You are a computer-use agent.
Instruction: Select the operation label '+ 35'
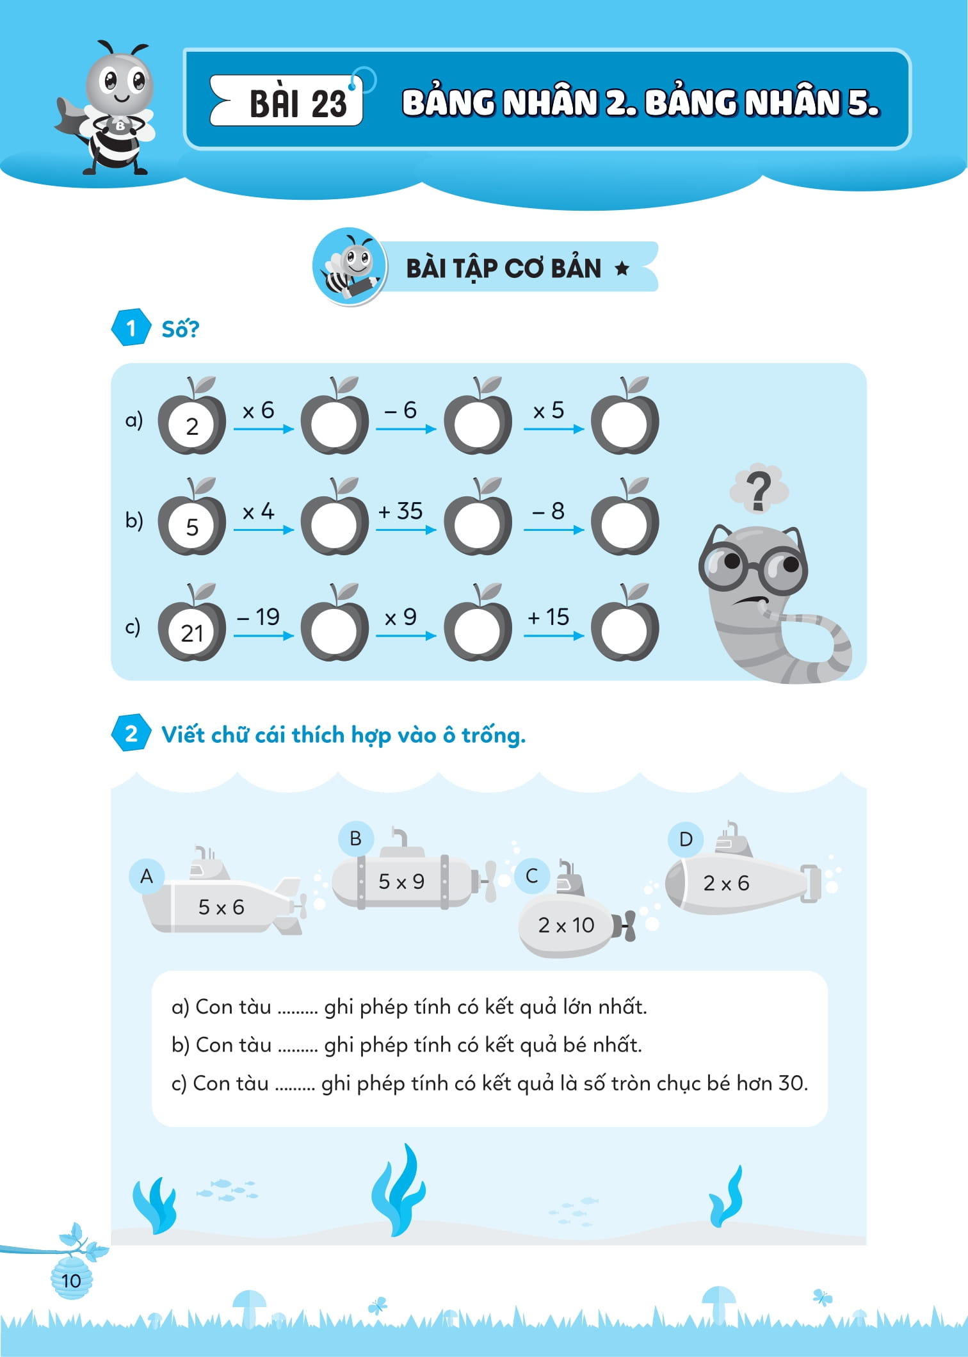tap(400, 511)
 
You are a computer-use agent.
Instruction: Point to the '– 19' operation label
tap(258, 617)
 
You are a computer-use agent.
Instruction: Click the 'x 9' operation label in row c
tap(401, 617)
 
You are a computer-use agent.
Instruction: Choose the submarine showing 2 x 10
tap(567, 925)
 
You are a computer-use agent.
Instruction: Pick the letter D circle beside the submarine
tap(686, 839)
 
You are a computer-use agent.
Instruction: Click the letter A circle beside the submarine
tap(147, 875)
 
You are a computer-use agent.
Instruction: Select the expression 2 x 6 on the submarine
tap(726, 883)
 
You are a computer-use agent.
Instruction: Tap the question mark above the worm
tap(759, 491)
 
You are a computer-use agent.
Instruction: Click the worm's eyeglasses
tap(753, 567)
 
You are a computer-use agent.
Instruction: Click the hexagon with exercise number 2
tap(131, 733)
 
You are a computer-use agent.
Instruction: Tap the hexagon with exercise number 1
tap(131, 328)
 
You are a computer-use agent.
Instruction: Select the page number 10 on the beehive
tap(71, 1280)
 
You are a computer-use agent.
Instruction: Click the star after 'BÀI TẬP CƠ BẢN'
tap(622, 268)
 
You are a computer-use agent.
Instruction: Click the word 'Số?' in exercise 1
tap(180, 329)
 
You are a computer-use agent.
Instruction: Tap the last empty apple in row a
tap(624, 423)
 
